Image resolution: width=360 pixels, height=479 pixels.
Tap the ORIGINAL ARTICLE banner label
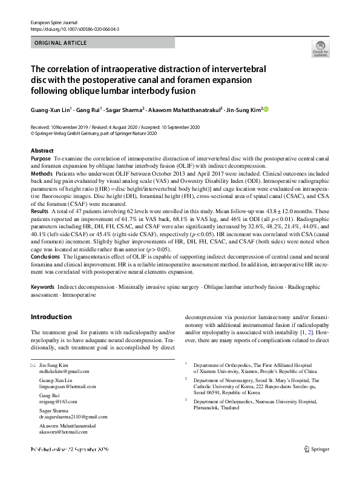[x=61, y=43]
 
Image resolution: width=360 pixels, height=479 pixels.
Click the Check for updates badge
[x=320, y=49]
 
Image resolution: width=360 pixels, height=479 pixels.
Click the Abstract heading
[x=42, y=150]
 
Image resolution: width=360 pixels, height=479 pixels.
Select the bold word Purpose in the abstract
[x=41, y=157]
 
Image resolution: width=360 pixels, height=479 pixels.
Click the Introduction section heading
[x=51, y=316]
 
